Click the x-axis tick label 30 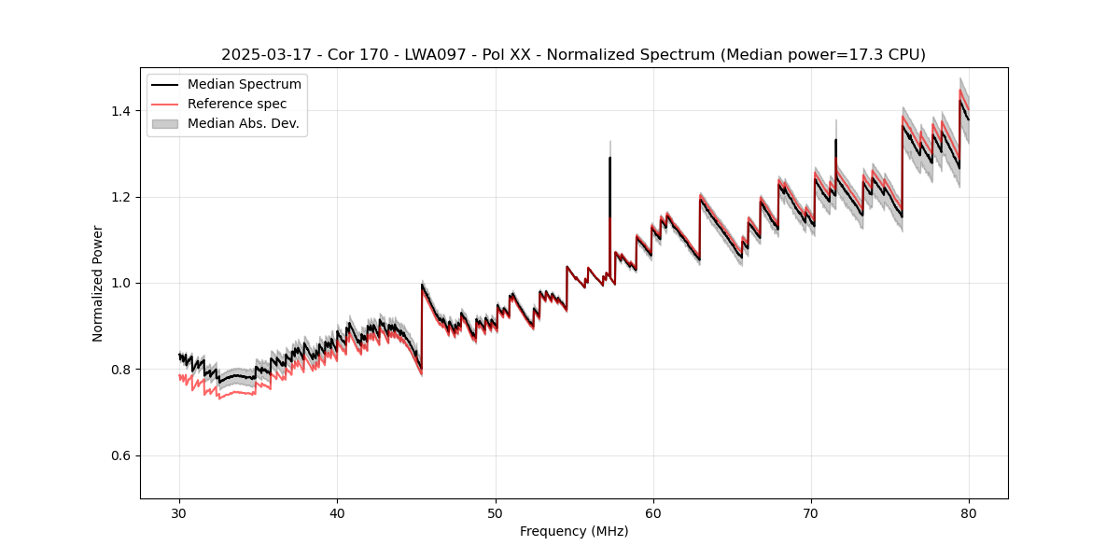coord(179,512)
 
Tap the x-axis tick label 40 coord(337,512)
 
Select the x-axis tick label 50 coord(495,512)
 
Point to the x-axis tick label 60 coord(653,512)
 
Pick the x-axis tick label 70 coord(811,512)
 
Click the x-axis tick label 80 coord(969,512)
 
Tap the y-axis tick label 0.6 coord(122,455)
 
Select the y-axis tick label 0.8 coord(122,370)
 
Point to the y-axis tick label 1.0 coord(122,283)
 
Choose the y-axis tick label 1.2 coord(122,197)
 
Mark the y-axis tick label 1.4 coord(122,111)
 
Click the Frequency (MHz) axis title coord(574,531)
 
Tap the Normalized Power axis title coord(98,283)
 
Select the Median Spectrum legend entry coord(244,85)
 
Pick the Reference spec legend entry coord(237,104)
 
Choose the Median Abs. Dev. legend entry coord(243,123)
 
